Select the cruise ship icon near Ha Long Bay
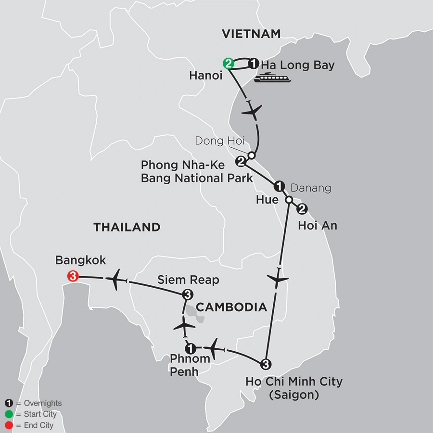[273, 77]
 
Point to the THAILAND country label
[127, 227]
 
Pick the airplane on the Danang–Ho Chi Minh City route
[279, 279]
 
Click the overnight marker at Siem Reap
[188, 294]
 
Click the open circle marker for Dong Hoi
[251, 155]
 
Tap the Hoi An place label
[318, 225]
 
